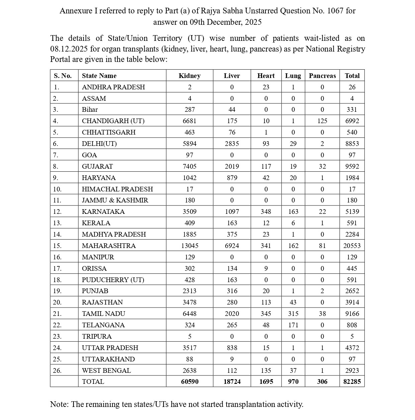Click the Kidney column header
coord(189,76)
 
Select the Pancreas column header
coord(322,76)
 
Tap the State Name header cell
coord(99,76)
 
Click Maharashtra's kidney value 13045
coord(189,246)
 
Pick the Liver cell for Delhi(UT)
coord(232,144)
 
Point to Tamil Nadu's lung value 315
coord(293,314)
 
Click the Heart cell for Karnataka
coord(266,212)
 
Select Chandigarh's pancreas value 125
coord(322,121)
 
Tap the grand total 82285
coord(352,382)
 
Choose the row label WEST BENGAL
coord(106,370)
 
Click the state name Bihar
coord(90,109)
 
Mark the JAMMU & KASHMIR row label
coord(115,200)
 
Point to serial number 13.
coord(57,223)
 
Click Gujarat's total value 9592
coord(352,166)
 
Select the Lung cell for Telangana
coord(293,325)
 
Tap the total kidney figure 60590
coord(189,382)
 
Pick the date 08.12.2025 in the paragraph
coord(69,49)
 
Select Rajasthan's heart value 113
coord(266,302)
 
